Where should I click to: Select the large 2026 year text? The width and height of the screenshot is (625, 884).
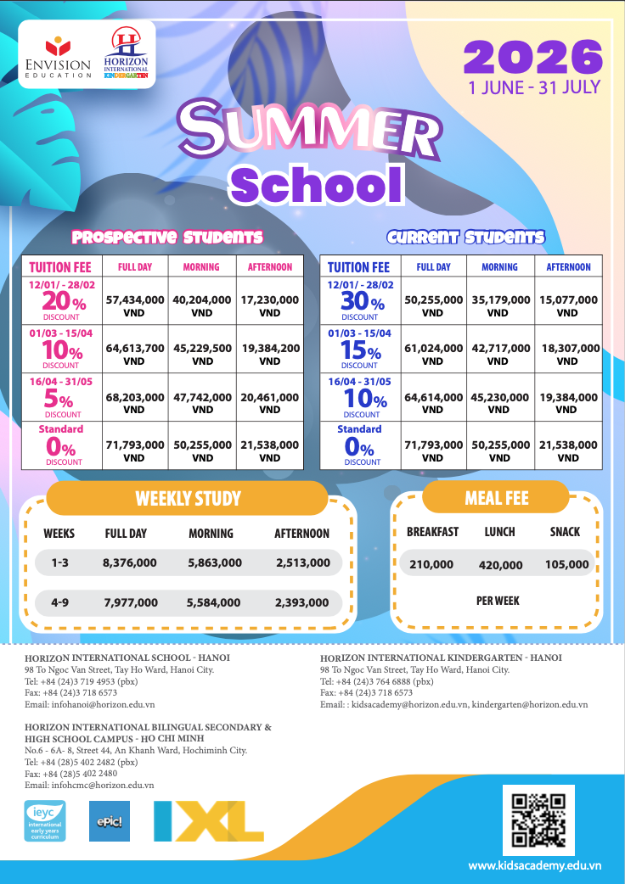[533, 58]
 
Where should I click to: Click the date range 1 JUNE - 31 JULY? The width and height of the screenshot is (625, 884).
[533, 87]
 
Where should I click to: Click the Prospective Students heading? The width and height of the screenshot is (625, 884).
[167, 237]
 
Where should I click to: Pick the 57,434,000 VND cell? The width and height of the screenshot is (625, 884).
[134, 305]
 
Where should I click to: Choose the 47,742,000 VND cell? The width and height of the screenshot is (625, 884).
[202, 402]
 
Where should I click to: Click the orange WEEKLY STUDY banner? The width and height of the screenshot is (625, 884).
[188, 498]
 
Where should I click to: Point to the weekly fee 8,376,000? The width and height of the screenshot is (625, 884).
[129, 562]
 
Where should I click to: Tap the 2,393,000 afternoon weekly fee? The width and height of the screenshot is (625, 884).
[301, 603]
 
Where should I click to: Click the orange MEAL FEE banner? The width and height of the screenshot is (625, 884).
[496, 498]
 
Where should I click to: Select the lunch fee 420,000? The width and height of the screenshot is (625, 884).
[501, 564]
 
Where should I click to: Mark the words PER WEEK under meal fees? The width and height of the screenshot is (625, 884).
[498, 601]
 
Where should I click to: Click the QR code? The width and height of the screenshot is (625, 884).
[538, 821]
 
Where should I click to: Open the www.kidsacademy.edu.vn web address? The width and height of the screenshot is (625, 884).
[535, 864]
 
